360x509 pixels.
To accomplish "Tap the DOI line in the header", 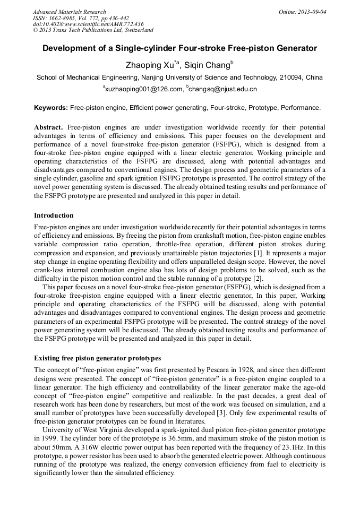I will pyautogui.click(x=88, y=24).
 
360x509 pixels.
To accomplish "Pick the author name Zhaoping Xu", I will pyautogui.click(x=151, y=65).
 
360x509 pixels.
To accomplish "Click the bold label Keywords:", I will pyautogui.click(x=51, y=108).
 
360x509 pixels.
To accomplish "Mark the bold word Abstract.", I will pyautogui.click(x=48, y=128).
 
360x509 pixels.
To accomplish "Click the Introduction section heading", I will pyautogui.click(x=54, y=215).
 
